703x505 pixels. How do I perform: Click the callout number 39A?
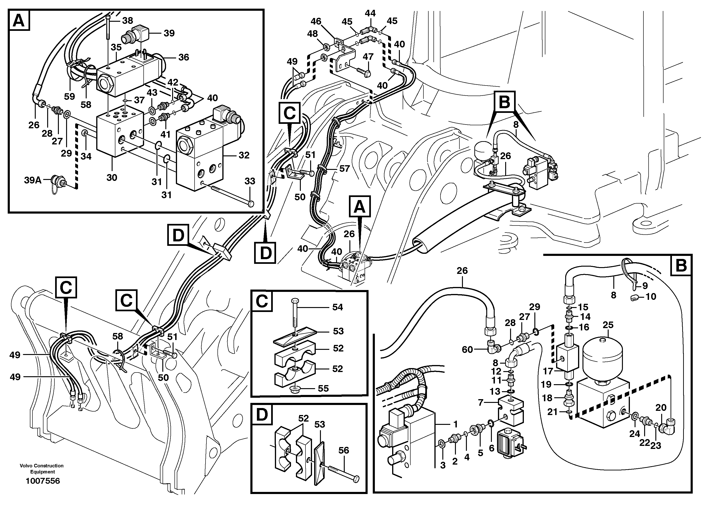32,180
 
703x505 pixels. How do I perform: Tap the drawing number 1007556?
43,481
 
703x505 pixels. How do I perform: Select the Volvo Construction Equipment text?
42,469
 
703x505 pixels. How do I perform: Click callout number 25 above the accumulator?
608,325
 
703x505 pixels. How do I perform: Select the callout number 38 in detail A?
127,21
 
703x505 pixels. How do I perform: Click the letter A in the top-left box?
19,21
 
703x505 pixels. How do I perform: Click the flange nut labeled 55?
295,389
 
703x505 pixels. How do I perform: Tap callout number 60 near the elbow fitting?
467,350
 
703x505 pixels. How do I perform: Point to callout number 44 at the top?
370,13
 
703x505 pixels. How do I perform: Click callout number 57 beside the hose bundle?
344,168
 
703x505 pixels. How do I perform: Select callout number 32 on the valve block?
244,155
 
